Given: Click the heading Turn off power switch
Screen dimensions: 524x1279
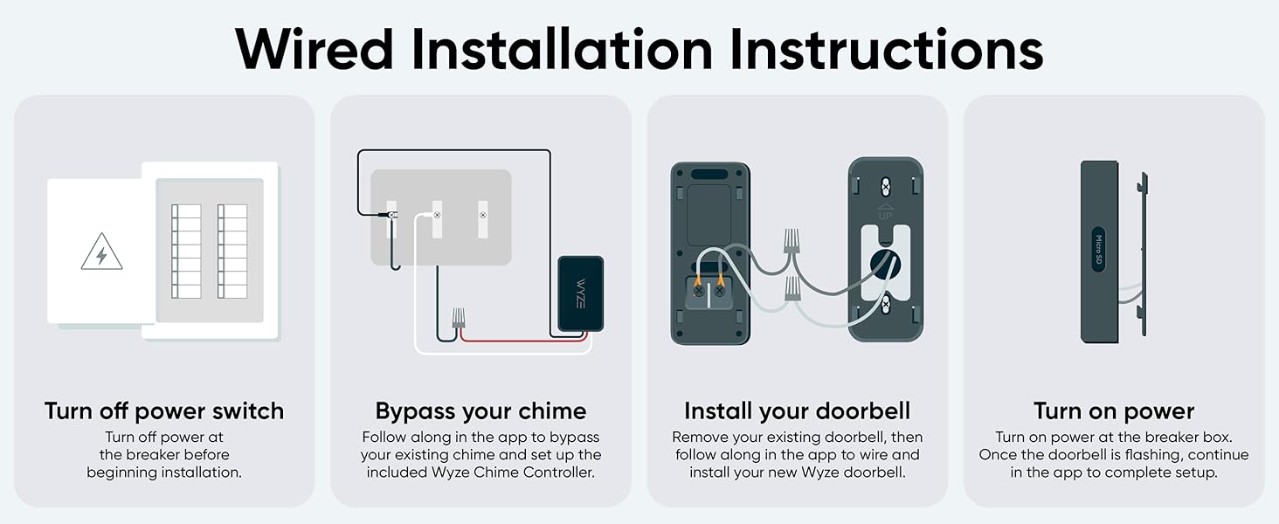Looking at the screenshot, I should point(164,411).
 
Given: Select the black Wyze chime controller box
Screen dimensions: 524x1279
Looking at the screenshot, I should point(580,293).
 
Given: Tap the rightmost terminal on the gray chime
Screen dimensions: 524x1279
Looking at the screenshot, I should point(482,214).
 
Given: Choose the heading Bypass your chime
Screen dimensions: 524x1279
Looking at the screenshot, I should point(480,411).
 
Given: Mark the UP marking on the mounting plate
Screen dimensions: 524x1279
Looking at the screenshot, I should point(884,212).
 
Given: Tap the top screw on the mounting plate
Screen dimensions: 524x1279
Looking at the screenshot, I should point(885,185).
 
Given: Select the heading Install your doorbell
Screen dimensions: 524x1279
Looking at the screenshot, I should point(797,411).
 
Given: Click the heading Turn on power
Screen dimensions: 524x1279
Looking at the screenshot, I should point(1114,411).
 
